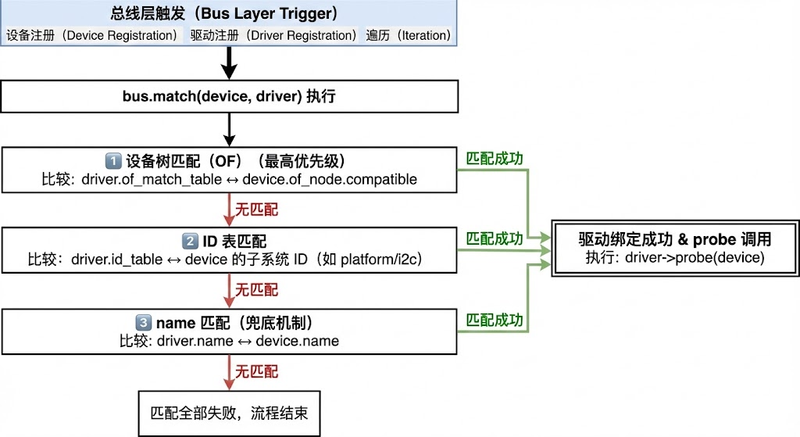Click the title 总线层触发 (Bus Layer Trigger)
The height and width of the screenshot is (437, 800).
pyautogui.click(x=228, y=13)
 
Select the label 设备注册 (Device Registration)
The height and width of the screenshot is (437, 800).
pyautogui.click(x=92, y=35)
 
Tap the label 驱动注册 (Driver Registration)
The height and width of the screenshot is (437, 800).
pyautogui.click(x=273, y=35)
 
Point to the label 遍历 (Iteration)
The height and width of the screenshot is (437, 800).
pyautogui.click(x=409, y=35)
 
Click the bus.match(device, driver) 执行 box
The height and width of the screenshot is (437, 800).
pyautogui.click(x=229, y=97)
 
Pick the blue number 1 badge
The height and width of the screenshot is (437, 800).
pyautogui.click(x=112, y=162)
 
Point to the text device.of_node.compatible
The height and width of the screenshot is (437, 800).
pyautogui.click(x=330, y=179)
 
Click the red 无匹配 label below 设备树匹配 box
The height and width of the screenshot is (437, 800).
pyautogui.click(x=257, y=209)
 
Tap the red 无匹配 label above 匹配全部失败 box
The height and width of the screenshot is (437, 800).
pyautogui.click(x=257, y=370)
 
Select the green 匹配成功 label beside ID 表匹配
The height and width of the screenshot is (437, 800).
pyautogui.click(x=495, y=238)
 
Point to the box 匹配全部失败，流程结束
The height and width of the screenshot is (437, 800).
pyautogui.click(x=229, y=412)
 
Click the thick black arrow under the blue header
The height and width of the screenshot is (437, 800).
pyautogui.click(x=229, y=63)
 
